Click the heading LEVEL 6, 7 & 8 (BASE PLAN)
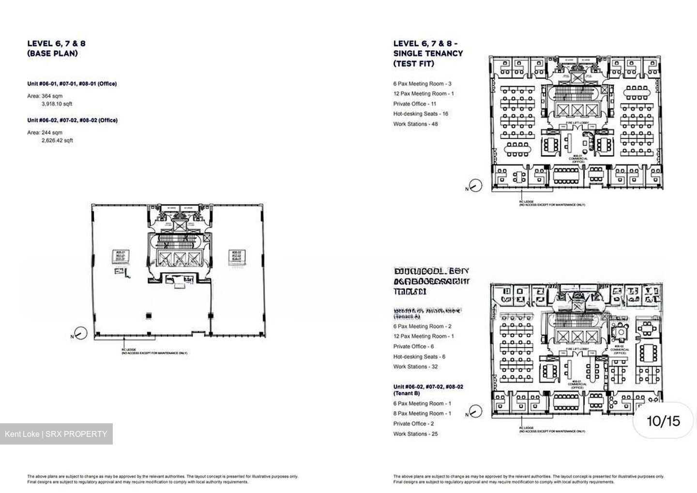pos(56,48)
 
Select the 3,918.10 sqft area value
pos(57,104)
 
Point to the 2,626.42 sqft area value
pos(57,140)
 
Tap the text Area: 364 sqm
pos(45,96)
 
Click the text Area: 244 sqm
pos(45,132)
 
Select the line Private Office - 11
pos(415,104)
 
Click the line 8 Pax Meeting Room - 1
pos(422,414)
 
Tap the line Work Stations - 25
pos(415,434)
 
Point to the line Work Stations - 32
pos(415,367)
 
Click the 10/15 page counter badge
pos(663,421)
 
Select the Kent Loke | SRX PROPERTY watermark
pos(56,434)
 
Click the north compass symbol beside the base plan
pos(80,334)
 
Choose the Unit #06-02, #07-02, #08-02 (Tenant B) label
pos(428,390)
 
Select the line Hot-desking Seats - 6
pos(419,356)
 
